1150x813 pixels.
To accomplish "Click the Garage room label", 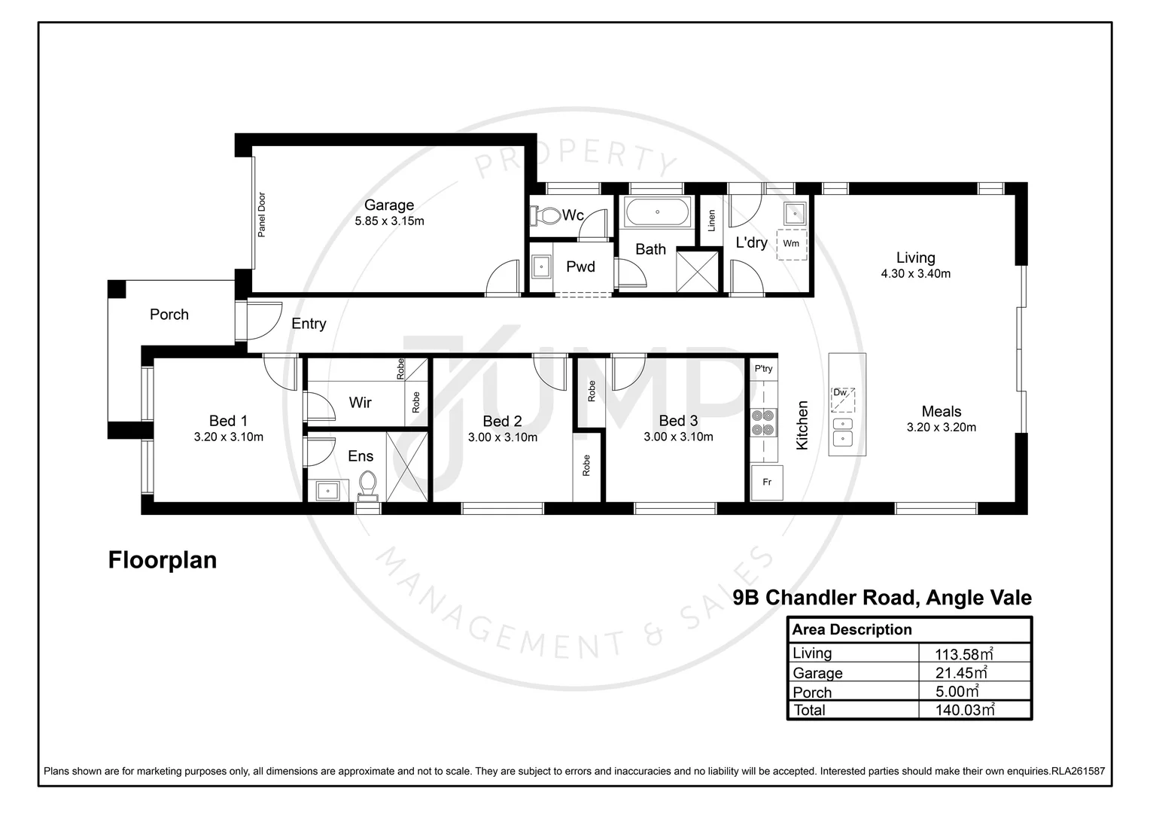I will [x=389, y=205].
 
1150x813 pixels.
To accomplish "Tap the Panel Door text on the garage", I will [x=262, y=215].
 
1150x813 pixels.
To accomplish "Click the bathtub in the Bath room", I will [x=657, y=212].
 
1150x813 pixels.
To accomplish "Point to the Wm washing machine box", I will [x=791, y=244].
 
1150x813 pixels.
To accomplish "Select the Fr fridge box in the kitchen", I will [x=767, y=482].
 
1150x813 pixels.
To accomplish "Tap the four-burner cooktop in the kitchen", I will [x=763, y=422].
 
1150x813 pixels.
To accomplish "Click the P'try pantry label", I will [x=763, y=369].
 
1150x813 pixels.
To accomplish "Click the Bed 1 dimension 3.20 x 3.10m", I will [x=228, y=437].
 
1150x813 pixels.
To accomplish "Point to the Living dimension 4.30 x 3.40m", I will [x=915, y=274].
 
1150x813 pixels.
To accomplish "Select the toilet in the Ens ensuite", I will [x=368, y=484].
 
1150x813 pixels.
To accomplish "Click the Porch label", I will [x=169, y=315].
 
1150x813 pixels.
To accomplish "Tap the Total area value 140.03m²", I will [x=964, y=710].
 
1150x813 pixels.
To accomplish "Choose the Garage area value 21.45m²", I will [x=961, y=673].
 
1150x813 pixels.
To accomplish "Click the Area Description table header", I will [x=852, y=629].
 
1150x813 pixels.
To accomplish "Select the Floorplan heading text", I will [x=163, y=560].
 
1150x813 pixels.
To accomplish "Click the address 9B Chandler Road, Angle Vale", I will [x=882, y=598].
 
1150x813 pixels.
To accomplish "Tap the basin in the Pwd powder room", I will [x=540, y=266].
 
